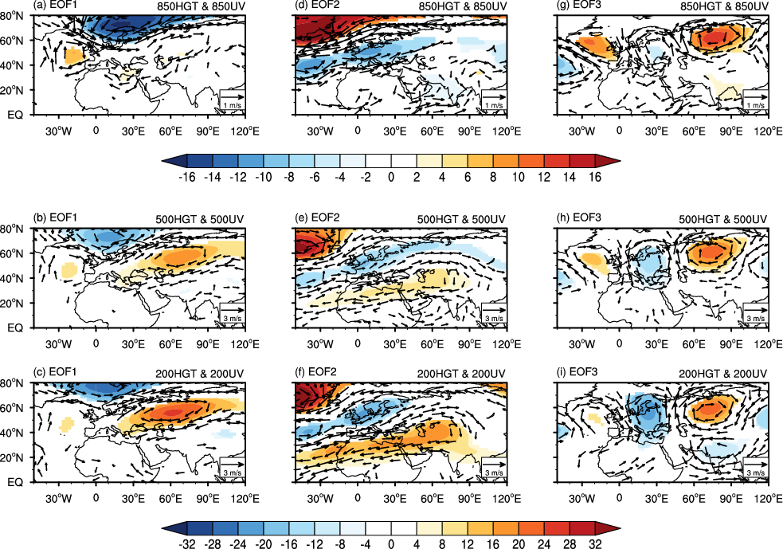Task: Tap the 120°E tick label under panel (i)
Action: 767,497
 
